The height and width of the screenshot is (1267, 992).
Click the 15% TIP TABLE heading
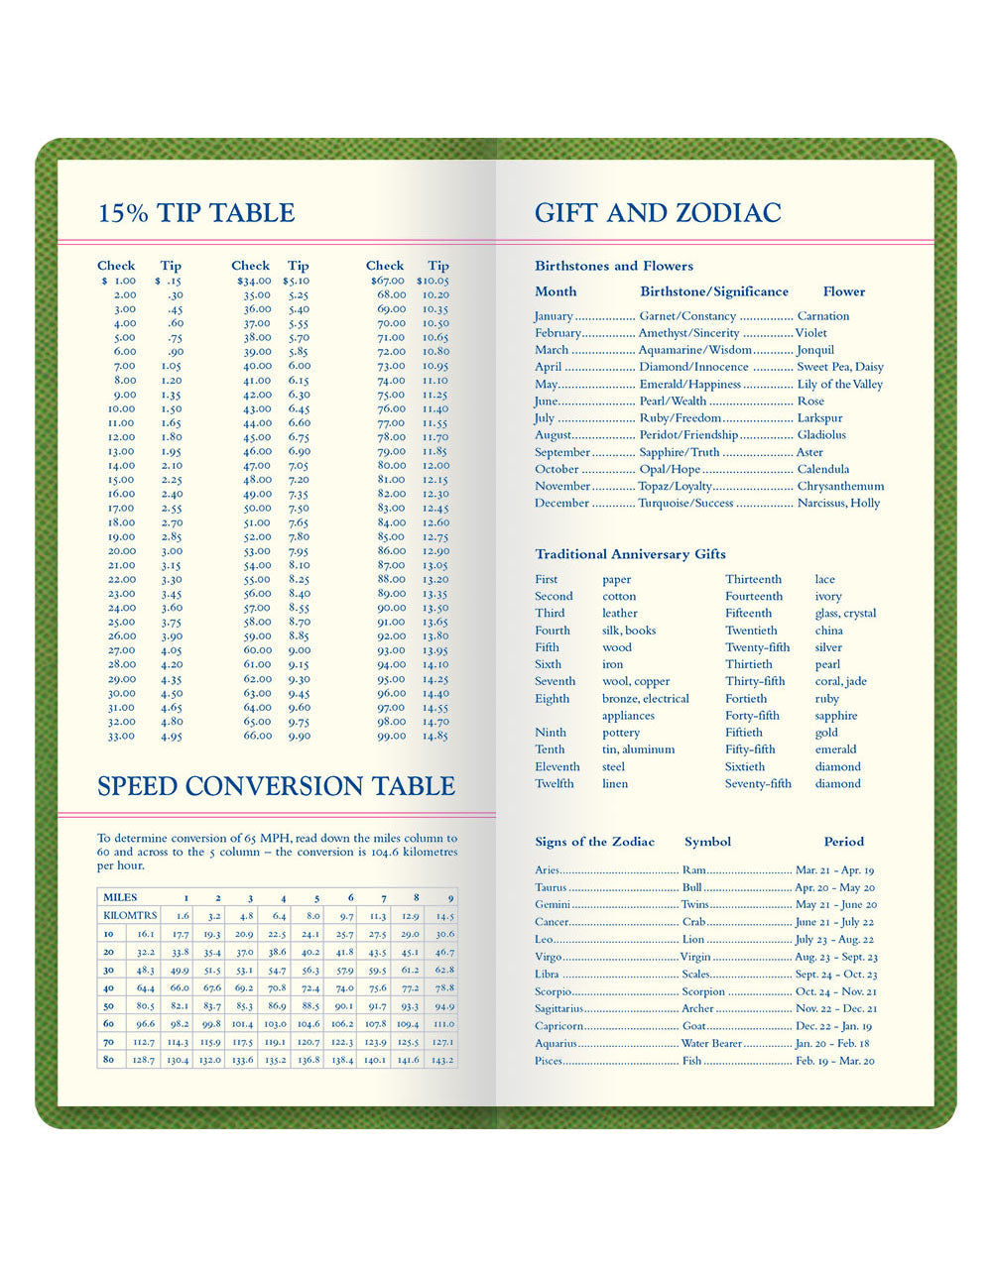tap(196, 212)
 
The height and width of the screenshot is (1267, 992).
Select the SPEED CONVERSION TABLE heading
tap(276, 786)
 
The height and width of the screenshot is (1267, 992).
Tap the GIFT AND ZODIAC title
tap(658, 212)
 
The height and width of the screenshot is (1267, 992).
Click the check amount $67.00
tap(386, 281)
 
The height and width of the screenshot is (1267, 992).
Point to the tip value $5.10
tap(296, 281)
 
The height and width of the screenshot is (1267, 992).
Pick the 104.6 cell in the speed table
tap(309, 1023)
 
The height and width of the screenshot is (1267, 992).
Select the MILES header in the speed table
tap(120, 897)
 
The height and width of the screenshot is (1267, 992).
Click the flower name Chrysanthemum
tap(840, 486)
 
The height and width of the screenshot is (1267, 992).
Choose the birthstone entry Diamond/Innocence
tap(693, 367)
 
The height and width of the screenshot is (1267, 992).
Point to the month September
tap(562, 452)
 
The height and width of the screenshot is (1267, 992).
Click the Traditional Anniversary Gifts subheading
tap(630, 554)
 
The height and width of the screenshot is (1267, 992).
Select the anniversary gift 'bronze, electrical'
tap(645, 698)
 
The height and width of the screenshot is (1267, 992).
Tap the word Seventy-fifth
tap(758, 783)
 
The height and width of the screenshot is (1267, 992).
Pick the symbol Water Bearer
tap(711, 1043)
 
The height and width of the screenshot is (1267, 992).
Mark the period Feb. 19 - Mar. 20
tap(835, 1061)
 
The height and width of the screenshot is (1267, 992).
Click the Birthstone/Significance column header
tap(714, 291)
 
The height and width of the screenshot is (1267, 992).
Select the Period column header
tap(843, 842)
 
